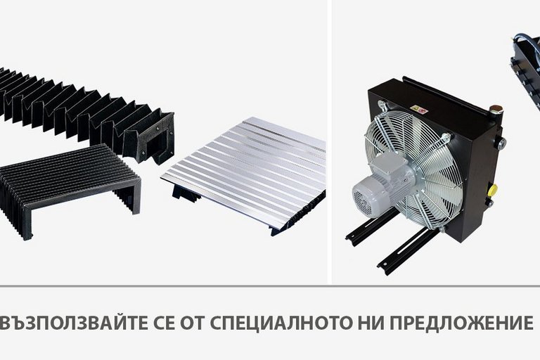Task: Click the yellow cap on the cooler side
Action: [x=493, y=189]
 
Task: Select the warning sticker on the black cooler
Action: [x=419, y=110]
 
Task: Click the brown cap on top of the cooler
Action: [x=496, y=109]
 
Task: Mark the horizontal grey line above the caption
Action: [x=270, y=286]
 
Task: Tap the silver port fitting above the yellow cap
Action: [x=499, y=141]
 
